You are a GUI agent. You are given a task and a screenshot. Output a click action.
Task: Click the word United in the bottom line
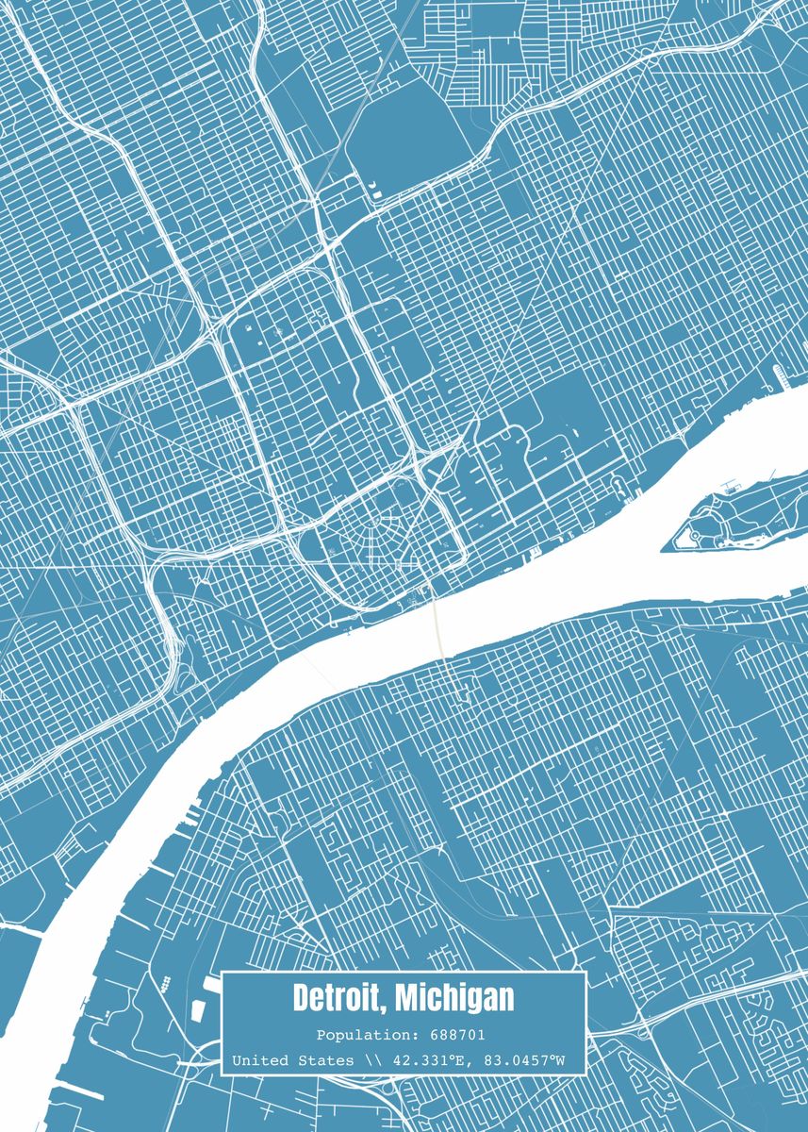tap(261, 1061)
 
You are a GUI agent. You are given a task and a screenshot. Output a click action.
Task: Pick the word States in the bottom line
tap(327, 1061)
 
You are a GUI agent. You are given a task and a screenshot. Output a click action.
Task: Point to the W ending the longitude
tap(559, 1061)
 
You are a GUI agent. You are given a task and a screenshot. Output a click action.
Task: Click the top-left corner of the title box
tap(223, 974)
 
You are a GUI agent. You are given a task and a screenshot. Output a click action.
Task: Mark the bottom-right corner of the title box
tap(585, 1074)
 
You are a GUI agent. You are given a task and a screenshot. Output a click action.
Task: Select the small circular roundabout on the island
tap(697, 536)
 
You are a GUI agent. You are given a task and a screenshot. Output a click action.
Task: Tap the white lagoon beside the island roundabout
tap(728, 541)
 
